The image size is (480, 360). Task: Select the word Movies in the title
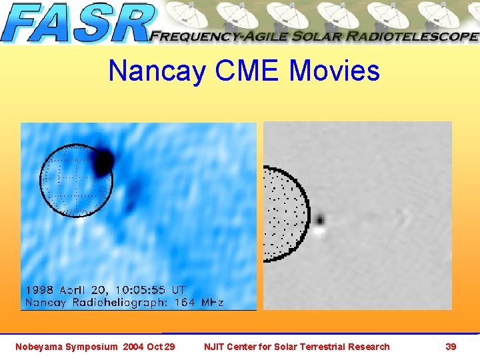(335, 71)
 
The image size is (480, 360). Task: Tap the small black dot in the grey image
(320, 219)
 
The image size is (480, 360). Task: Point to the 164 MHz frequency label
(199, 302)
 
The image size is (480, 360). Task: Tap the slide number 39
(451, 346)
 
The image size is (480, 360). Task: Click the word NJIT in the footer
(215, 346)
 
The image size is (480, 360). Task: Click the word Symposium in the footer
(90, 346)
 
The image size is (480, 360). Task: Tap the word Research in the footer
(370, 346)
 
